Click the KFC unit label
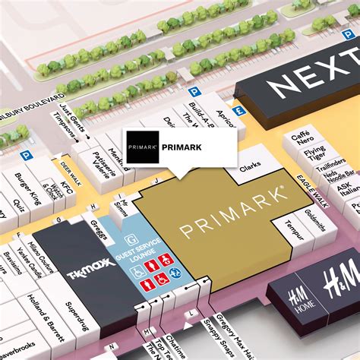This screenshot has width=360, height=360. pos(66,189)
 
